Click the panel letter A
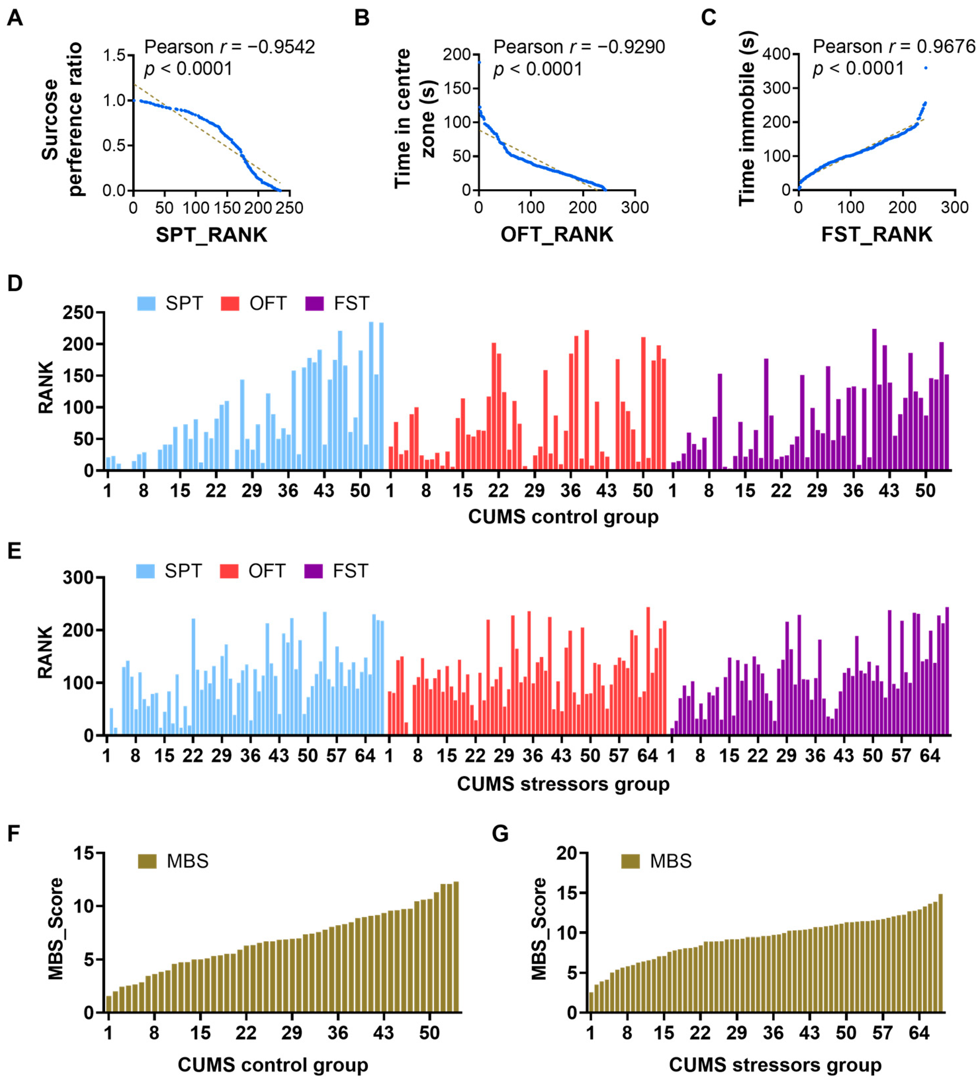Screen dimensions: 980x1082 15,18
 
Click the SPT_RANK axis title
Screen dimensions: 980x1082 211,235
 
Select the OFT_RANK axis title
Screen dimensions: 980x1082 557,235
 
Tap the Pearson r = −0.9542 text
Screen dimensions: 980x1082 230,47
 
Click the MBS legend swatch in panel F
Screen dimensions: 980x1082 147,861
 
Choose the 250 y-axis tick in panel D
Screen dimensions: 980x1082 78,312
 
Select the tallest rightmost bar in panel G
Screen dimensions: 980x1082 940,954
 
